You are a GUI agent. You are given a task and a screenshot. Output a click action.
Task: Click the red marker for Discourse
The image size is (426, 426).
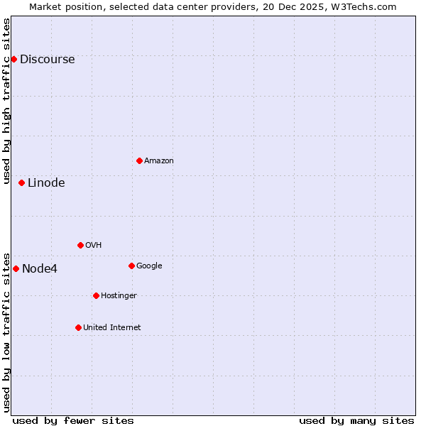[x=13, y=59]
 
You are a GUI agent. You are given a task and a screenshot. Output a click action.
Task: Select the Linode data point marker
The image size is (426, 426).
[x=21, y=182]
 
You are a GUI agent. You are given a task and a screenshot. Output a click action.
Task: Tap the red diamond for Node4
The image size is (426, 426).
[x=16, y=268]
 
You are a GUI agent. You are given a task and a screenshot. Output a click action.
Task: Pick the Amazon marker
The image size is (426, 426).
[x=139, y=160]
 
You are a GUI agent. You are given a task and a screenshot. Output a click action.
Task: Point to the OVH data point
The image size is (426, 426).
[x=80, y=245]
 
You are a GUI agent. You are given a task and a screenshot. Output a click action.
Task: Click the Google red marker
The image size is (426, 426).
[x=131, y=266]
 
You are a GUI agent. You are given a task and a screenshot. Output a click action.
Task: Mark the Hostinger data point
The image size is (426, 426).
[x=96, y=295]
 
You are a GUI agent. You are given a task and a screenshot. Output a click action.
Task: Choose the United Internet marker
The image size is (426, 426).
[x=78, y=327]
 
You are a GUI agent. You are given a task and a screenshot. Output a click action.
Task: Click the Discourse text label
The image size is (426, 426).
[x=47, y=60]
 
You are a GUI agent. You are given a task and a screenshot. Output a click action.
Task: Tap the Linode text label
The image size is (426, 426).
[x=46, y=183]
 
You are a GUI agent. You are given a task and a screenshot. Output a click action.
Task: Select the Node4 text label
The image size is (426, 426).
[x=40, y=269]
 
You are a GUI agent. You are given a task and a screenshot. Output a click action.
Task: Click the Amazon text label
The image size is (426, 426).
[x=159, y=161]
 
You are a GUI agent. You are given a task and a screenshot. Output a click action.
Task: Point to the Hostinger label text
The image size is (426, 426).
[x=119, y=296]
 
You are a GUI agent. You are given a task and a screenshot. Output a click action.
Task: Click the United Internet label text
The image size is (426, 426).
[x=111, y=328]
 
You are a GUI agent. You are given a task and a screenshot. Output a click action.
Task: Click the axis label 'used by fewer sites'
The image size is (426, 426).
[x=73, y=420]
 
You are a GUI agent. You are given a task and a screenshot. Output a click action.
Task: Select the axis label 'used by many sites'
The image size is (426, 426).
[x=356, y=420]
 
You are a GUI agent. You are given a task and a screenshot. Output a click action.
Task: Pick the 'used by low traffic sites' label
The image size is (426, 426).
[x=7, y=332]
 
